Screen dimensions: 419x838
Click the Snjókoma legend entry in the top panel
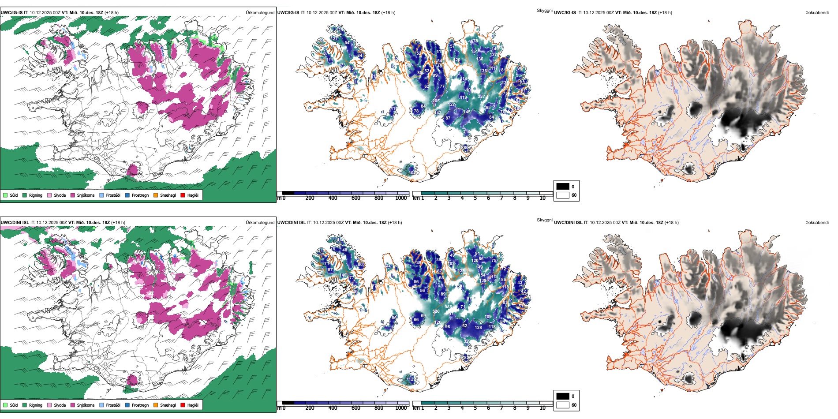(85, 195)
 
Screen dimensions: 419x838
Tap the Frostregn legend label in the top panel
(140, 195)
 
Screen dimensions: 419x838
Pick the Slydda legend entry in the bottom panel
(60, 405)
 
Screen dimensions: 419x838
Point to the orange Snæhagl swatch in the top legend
(156, 195)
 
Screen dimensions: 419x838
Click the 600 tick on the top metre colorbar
(356, 198)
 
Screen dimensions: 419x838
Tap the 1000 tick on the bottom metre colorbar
(401, 408)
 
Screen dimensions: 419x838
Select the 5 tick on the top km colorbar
(475, 198)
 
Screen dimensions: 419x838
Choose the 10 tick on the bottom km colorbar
(542, 408)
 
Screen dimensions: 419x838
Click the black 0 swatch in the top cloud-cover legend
(563, 187)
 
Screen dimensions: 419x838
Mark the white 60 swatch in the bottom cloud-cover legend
(563, 405)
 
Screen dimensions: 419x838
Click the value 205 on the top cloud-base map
(436, 101)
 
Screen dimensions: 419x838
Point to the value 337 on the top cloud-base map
(481, 97)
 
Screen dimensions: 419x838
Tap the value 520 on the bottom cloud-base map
(436, 311)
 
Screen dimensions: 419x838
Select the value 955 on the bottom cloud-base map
(448, 307)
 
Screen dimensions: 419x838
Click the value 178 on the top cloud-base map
(474, 41)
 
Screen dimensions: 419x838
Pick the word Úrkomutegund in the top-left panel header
(260, 13)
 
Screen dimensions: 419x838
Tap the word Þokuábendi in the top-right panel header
(817, 13)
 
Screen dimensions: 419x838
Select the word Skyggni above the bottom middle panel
(544, 220)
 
